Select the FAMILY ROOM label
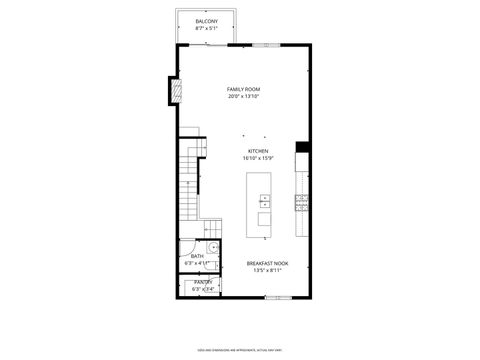(244, 90)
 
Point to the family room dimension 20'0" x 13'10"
(244, 97)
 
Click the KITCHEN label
(258, 151)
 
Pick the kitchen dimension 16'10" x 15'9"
(258, 158)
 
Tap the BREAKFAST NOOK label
(268, 263)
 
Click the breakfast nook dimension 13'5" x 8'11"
(268, 270)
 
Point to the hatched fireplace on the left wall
(175, 93)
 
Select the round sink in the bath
(214, 247)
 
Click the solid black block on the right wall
(301, 148)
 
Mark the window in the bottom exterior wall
(278, 298)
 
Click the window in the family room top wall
(265, 45)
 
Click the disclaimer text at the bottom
(240, 350)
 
